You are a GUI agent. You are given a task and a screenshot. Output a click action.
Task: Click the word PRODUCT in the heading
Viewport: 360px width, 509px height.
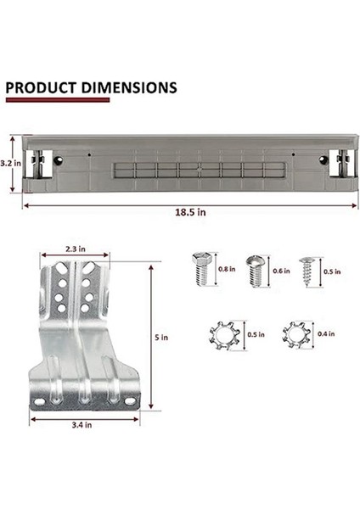click(x=40, y=87)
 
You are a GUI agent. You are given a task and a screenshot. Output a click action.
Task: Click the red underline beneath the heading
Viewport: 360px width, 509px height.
click(x=57, y=100)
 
